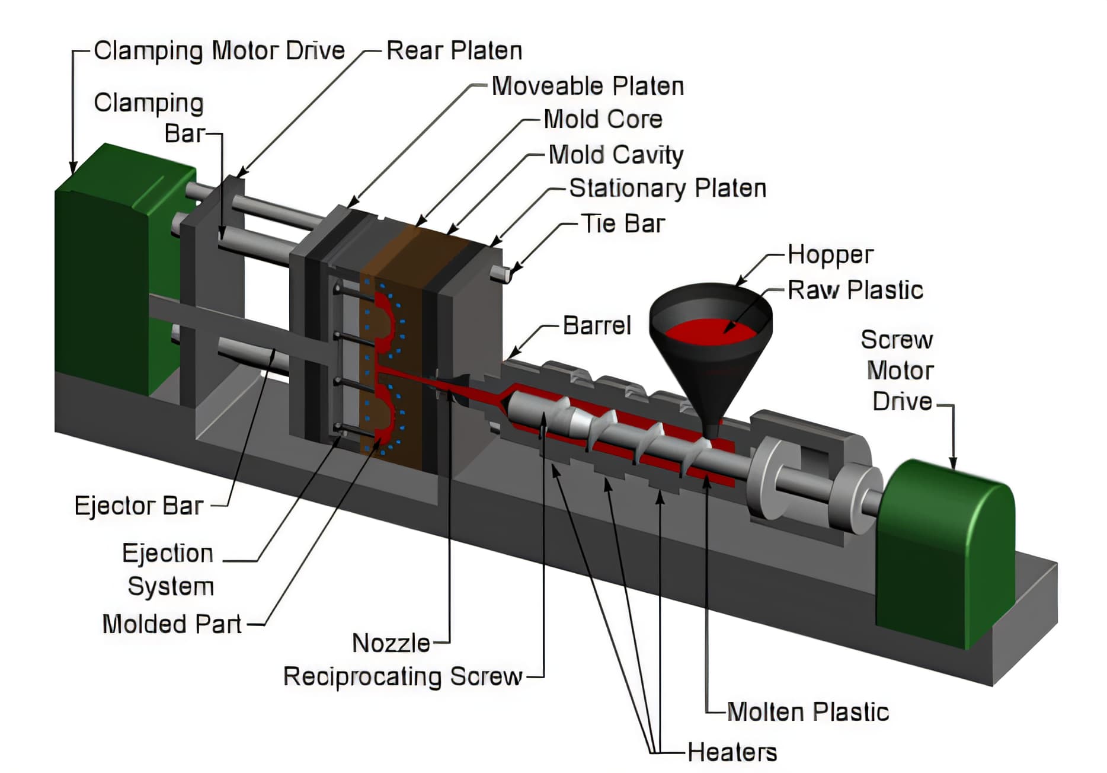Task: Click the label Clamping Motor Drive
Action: coord(219,51)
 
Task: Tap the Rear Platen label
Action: coord(454,51)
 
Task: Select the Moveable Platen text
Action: coord(587,87)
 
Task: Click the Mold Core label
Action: coord(603,120)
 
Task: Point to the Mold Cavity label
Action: coord(616,155)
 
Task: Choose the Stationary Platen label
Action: coord(667,189)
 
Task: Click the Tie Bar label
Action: coord(623,224)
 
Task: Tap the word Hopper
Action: coord(830,255)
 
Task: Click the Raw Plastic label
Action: coord(855,290)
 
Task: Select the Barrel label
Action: coord(597,325)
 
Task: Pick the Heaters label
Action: coord(732,752)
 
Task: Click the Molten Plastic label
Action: coord(808,712)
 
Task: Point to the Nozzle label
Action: coord(391,643)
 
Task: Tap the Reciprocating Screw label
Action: coord(403,676)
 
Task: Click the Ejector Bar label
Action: coord(139,506)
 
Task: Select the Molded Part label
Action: coord(172,624)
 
